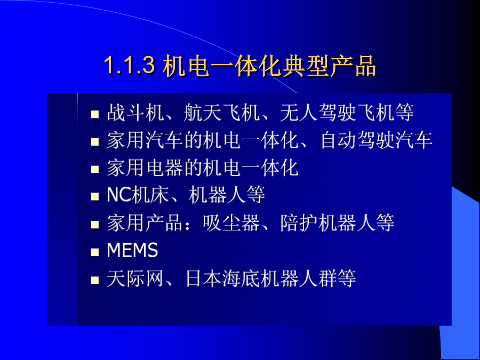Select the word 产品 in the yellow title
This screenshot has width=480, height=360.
[x=353, y=66]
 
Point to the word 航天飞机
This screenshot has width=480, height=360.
[x=221, y=113]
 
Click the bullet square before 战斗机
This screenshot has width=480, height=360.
[x=95, y=115]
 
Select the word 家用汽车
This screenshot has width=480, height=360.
[x=145, y=140]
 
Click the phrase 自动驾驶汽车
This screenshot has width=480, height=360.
[x=376, y=140]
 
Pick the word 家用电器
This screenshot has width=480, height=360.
[x=145, y=168]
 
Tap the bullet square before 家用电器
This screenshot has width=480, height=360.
[x=95, y=170]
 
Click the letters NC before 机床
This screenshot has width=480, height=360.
[x=119, y=195]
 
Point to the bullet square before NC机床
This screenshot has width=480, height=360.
[x=95, y=197]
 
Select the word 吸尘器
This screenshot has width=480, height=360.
[x=231, y=222]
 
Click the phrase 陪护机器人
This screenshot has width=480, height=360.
[x=327, y=222]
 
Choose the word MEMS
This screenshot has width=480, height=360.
[x=132, y=250]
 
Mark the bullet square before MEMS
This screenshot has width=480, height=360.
[x=95, y=252]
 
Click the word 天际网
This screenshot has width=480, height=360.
[x=135, y=278]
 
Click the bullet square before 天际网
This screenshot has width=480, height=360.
[x=95, y=280]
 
